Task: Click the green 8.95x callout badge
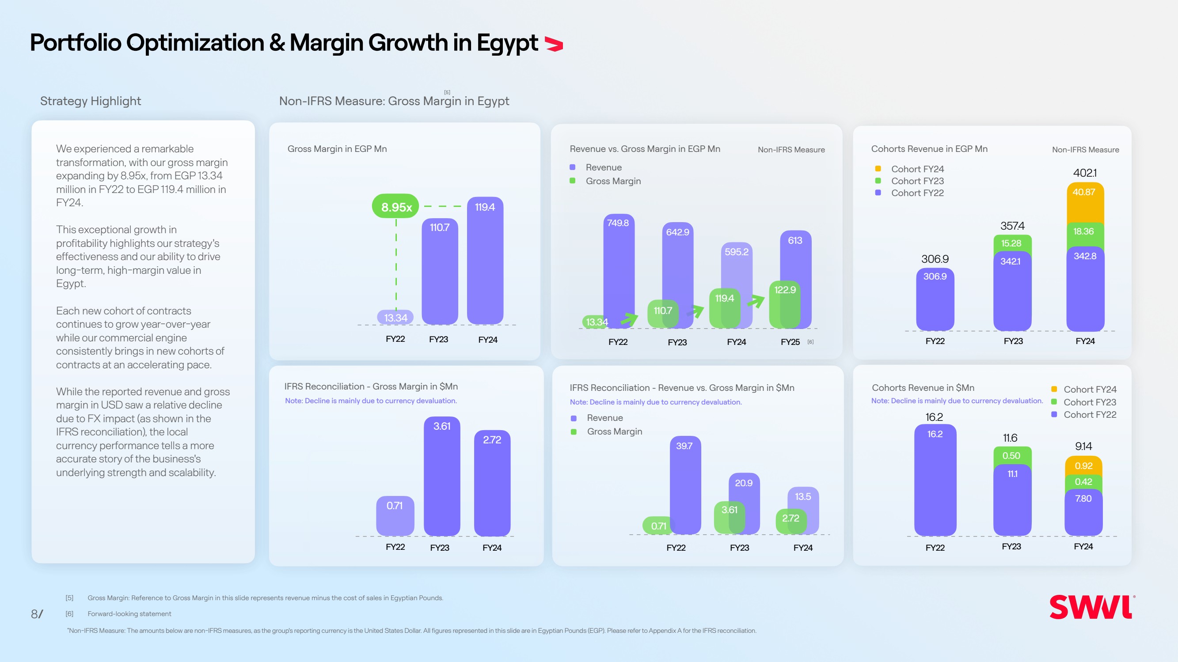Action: pos(395,207)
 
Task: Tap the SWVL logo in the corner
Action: pos(1091,607)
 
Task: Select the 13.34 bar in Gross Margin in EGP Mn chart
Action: pos(395,317)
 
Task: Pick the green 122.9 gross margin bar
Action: pos(784,304)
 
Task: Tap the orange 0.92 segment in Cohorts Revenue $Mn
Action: pos(1083,466)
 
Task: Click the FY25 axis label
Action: pos(790,342)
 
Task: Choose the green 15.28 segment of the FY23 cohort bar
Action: pos(1011,243)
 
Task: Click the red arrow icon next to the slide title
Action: pos(554,44)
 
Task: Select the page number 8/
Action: pos(37,614)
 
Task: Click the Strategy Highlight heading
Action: pos(91,101)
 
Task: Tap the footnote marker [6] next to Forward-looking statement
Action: pos(69,614)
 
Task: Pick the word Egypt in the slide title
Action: pos(507,43)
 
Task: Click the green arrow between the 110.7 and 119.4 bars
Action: pos(695,311)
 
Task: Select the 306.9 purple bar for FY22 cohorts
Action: pos(935,299)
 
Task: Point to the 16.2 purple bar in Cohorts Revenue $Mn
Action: pos(935,480)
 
